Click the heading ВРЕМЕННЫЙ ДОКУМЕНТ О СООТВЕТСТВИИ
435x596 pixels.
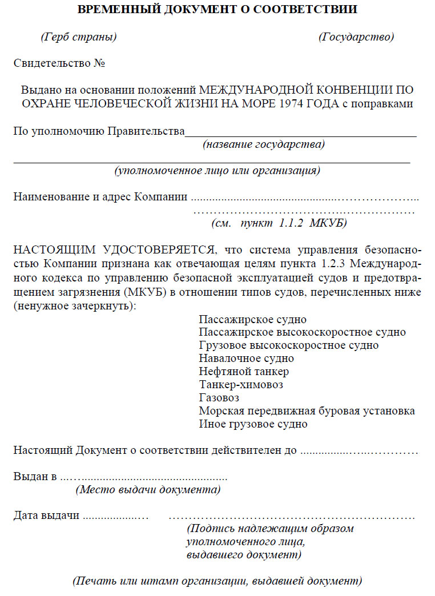pyautogui.click(x=217, y=10)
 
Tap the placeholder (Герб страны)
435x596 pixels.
pyautogui.click(x=79, y=37)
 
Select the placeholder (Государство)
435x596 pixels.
pyautogui.click(x=356, y=37)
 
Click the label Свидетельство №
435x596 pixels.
pyautogui.click(x=59, y=63)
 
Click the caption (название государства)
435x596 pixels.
pyautogui.click(x=264, y=144)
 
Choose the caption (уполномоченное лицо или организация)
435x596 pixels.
pyautogui.click(x=217, y=170)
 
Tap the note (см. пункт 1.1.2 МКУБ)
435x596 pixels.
pyautogui.click(x=279, y=223)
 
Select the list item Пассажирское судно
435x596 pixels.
pyautogui.click(x=253, y=319)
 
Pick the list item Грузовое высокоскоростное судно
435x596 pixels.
pyautogui.click(x=289, y=345)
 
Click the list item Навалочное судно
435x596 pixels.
pyautogui.click(x=247, y=359)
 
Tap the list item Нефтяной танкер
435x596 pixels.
pyautogui.click(x=244, y=372)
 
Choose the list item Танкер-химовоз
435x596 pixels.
pyautogui.click(x=241, y=385)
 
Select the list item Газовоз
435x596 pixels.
pyautogui.click(x=219, y=398)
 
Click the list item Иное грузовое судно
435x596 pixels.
pyautogui.click(x=253, y=424)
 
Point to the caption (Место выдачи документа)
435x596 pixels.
pyautogui.click(x=148, y=489)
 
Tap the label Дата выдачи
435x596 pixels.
pyautogui.click(x=46, y=516)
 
